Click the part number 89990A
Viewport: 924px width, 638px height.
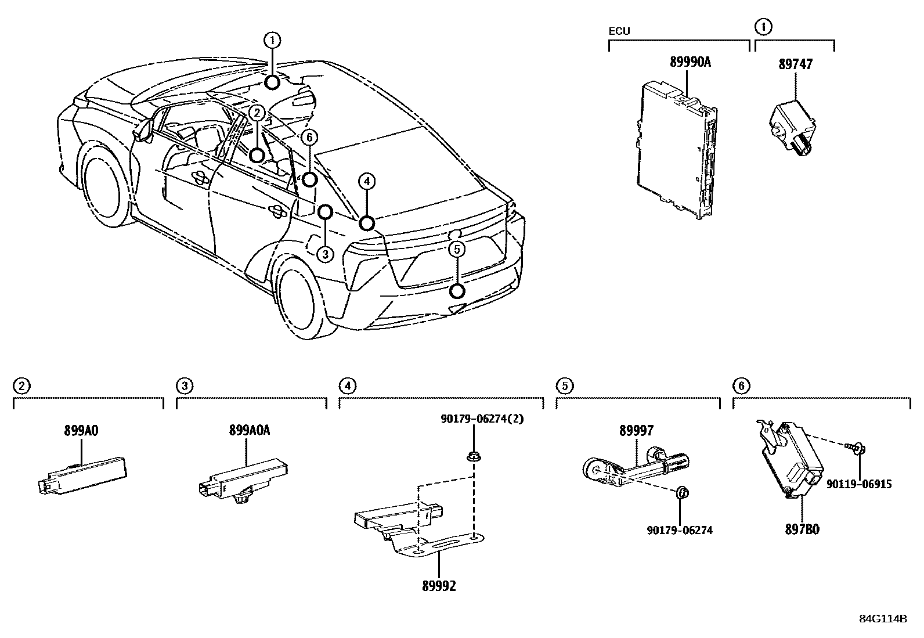[690, 63]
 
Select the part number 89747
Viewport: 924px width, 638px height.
[795, 64]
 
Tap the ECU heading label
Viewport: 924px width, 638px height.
[619, 31]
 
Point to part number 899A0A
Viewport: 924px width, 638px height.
[249, 430]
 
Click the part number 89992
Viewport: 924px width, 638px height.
[439, 586]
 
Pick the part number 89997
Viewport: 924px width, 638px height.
[636, 430]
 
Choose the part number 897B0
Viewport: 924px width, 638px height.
[803, 529]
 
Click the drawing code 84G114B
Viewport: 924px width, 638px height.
[883, 618]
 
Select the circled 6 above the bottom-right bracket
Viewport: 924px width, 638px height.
[741, 385]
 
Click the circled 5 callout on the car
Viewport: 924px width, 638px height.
[457, 250]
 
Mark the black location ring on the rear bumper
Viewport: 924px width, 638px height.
[457, 291]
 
